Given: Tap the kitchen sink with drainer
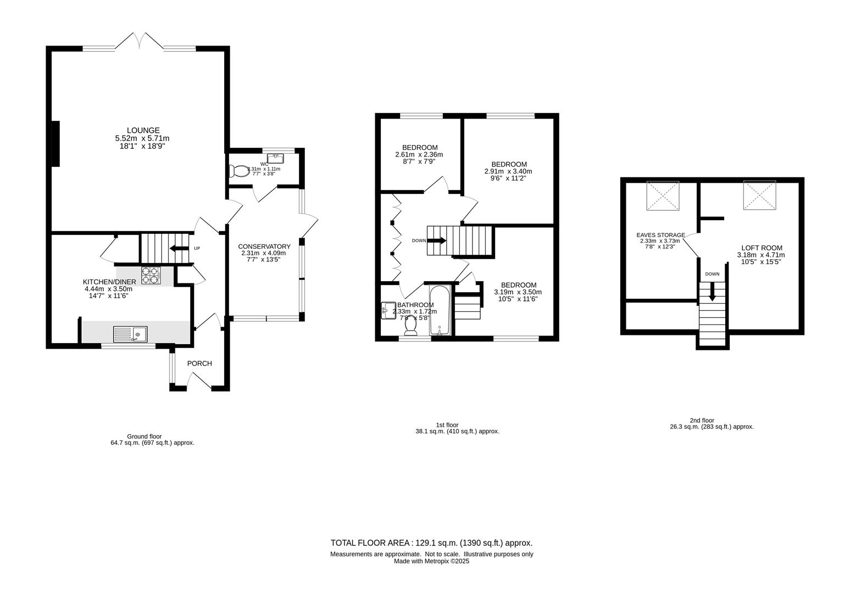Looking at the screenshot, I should pyautogui.click(x=130, y=333).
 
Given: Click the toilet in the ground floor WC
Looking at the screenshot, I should pyautogui.click(x=240, y=171).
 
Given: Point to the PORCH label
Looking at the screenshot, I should pyautogui.click(x=199, y=363).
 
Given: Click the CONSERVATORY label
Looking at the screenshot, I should pyautogui.click(x=264, y=247).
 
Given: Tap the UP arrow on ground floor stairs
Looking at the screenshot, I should pyautogui.click(x=179, y=248).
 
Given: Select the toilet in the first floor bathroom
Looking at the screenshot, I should pyautogui.click(x=410, y=326).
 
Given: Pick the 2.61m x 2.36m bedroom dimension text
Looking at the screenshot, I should pyautogui.click(x=419, y=155).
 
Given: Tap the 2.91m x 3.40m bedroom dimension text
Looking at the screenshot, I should pyautogui.click(x=508, y=171).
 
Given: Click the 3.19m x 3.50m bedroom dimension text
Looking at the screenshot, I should pyautogui.click(x=518, y=292).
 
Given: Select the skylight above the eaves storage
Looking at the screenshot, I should pyautogui.click(x=663, y=195).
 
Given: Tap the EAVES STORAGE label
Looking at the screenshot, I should pyautogui.click(x=660, y=235).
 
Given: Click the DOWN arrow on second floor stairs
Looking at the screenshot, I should pyautogui.click(x=713, y=292).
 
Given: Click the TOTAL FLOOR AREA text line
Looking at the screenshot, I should pyautogui.click(x=431, y=543).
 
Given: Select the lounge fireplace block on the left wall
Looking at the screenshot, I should pyautogui.click(x=55, y=143).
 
